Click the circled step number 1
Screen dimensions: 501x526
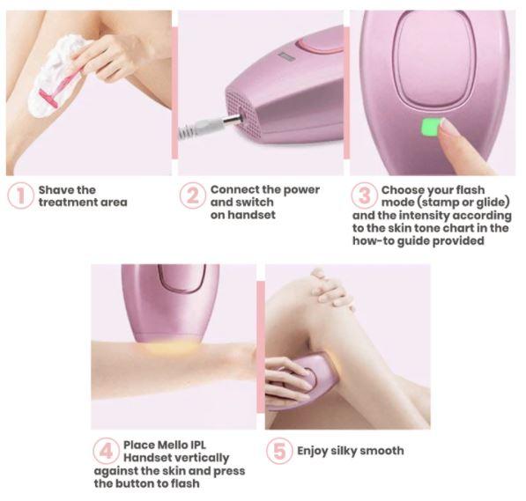coord(19,195)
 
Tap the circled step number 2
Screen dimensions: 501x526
coord(192,195)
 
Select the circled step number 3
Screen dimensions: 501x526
coord(363,195)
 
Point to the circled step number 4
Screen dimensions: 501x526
coord(105,451)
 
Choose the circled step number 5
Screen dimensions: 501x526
coord(279,451)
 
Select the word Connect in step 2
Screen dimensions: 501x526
coord(234,189)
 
